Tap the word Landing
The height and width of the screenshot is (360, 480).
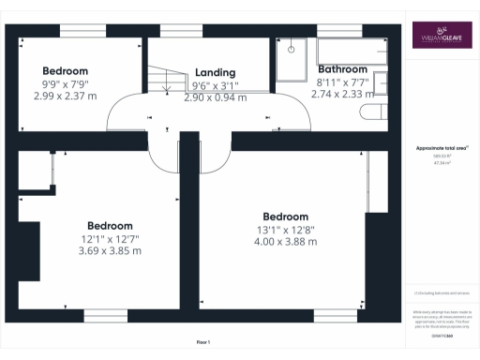point(215,72)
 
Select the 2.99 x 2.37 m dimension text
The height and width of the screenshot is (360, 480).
point(65,95)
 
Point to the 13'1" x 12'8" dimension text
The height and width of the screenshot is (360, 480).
point(285,229)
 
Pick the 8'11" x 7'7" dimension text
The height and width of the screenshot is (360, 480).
point(343,82)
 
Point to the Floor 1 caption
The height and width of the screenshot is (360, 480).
point(203,340)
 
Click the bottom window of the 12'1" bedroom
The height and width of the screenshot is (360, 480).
point(105,314)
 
